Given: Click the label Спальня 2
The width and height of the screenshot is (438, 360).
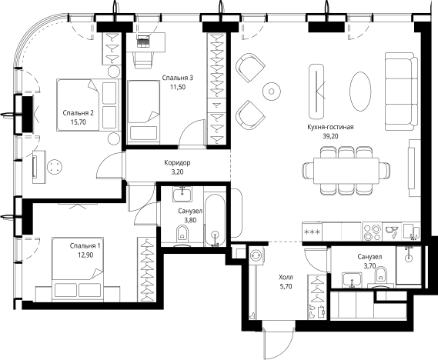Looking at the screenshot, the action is [79, 113].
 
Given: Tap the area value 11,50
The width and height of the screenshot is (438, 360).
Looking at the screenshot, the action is [178, 87].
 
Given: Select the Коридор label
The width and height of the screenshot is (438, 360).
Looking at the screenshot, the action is [177, 162].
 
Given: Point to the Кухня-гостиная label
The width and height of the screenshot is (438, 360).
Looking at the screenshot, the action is [330, 127].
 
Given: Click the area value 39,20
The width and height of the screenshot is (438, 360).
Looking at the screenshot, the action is [330, 136].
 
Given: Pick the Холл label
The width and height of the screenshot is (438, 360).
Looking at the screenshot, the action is [286, 277].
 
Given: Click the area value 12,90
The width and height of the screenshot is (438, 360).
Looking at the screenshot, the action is [85, 255].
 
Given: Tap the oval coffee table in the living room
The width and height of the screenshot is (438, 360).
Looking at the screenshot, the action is [360, 92].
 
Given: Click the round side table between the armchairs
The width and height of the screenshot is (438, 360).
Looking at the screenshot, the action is [271, 92].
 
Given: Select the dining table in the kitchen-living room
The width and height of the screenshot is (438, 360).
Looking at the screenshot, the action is [346, 170].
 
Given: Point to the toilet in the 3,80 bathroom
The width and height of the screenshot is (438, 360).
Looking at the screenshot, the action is [182, 236].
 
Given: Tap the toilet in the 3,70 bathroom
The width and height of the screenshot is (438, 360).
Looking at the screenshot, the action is [380, 275].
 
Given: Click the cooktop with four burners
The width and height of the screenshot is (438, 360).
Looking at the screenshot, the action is [372, 232].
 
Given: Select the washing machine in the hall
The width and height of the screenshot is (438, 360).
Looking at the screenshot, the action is [256, 255].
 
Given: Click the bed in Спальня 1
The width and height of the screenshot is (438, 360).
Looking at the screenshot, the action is [78, 269].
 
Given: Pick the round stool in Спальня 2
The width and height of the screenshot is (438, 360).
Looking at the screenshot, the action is [55, 167].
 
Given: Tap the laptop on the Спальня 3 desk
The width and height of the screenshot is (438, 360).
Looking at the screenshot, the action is [144, 42].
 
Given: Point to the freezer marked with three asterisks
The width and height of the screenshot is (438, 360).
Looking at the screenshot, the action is [313, 232].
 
